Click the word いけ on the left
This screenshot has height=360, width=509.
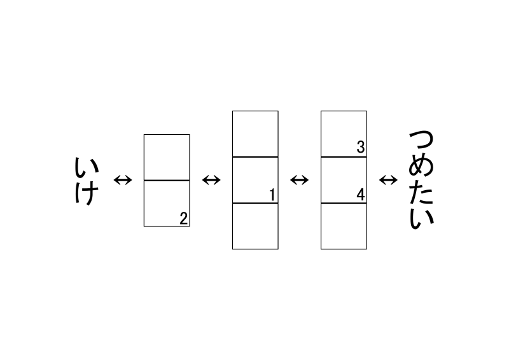point(87,181)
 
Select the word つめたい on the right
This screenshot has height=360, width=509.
point(421,180)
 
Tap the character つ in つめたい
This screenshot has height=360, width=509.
point(421,142)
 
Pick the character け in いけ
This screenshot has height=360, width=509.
point(87,193)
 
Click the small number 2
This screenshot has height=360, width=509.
point(184,218)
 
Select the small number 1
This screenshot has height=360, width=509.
point(272,195)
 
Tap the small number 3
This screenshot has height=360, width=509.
point(361,147)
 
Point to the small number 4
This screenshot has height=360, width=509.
point(361,195)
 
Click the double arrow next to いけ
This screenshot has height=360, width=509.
point(123,180)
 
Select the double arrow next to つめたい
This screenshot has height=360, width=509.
point(388,180)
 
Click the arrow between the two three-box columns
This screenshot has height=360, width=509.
point(300,180)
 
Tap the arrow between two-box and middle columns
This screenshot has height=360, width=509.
point(211,180)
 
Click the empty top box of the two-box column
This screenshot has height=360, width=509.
point(167,158)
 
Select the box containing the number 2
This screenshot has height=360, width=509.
point(167,203)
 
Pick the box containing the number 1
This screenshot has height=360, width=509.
point(256,180)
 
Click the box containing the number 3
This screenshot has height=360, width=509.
point(344,134)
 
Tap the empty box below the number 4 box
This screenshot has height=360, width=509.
point(344,226)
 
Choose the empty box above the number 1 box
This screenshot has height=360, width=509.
point(256,134)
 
